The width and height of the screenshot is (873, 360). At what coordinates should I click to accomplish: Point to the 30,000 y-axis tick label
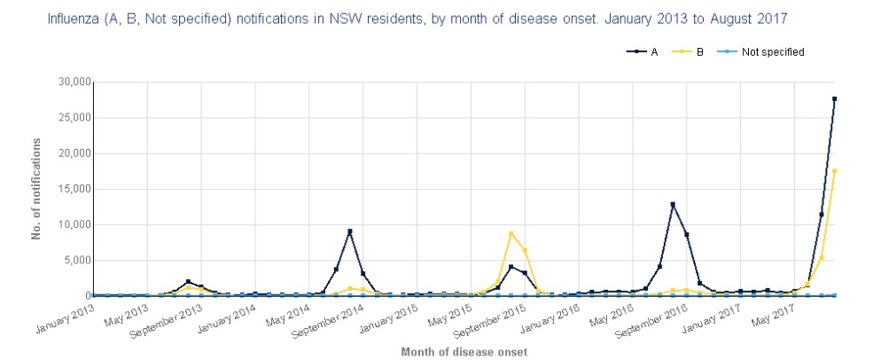click(68, 82)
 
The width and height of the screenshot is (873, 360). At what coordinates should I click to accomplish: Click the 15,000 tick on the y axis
click(68, 189)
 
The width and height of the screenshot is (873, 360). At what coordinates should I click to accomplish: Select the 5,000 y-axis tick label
click(73, 260)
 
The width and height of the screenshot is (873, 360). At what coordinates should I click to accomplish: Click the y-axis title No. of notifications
click(37, 189)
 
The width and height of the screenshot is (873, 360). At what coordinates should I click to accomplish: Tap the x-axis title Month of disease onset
click(464, 352)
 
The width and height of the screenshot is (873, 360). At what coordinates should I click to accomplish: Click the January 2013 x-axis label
click(65, 321)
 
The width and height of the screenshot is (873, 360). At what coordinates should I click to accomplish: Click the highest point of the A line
click(835, 99)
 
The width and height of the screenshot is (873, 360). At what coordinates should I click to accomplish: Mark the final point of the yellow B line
click(835, 171)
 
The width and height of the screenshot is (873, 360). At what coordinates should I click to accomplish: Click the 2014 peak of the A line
click(349, 231)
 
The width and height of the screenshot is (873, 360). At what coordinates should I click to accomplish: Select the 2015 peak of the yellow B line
click(511, 233)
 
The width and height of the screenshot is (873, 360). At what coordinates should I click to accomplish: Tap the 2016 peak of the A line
click(674, 205)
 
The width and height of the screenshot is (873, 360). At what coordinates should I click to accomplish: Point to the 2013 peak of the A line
click(188, 282)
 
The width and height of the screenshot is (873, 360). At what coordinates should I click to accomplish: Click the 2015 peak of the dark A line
click(511, 267)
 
